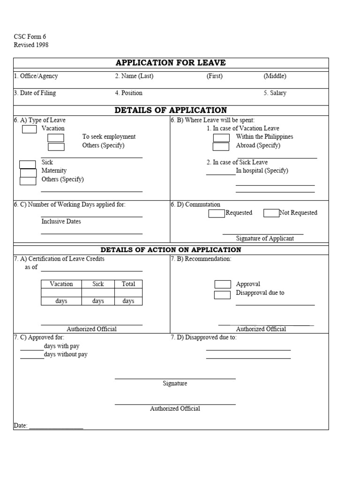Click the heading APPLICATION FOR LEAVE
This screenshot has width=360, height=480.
coord(171,63)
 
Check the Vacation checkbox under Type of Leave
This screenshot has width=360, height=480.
coord(29,129)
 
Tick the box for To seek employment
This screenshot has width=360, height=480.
coord(56,138)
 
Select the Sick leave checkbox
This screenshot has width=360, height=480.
coord(27,164)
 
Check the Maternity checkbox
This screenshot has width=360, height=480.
coord(28,172)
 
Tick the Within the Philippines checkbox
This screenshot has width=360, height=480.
coord(221,138)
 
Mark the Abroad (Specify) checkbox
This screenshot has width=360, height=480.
coord(221,147)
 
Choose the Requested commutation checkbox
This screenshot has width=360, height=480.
coord(217,214)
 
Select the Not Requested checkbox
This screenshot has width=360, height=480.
coord(271,213)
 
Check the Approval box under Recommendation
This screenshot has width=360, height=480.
coord(223,284)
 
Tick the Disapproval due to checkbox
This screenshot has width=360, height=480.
coord(222,295)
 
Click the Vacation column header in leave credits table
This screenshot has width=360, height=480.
coord(61,284)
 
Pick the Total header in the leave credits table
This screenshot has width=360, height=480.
coord(128,284)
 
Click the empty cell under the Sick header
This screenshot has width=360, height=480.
coord(98,292)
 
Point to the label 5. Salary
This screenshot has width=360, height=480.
coord(275,93)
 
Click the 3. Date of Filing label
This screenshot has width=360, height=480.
coord(35,93)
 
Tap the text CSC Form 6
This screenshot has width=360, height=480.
coord(30,37)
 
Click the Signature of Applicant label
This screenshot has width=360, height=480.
coord(265,239)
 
